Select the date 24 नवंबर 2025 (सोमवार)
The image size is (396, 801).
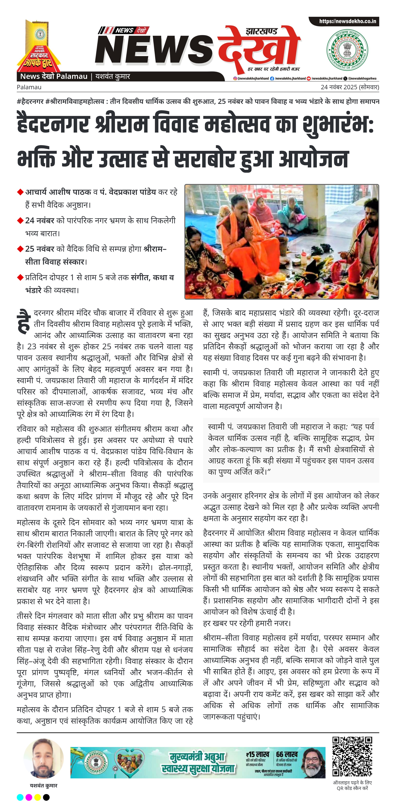pyautogui.click(x=350, y=87)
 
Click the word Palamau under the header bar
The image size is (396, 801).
pyautogui.click(x=29, y=87)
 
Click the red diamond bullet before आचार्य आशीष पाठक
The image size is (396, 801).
pyautogui.click(x=20, y=192)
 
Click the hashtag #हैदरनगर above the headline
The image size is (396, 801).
pyautogui.click(x=30, y=101)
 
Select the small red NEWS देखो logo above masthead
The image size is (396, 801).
pyautogui.click(x=123, y=30)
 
